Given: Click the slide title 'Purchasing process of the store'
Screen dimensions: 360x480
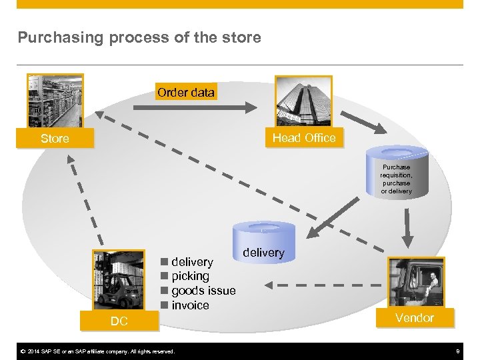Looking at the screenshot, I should (139, 38).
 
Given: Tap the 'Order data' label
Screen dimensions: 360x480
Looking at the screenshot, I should (186, 93).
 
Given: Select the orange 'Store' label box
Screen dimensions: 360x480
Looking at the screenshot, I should (55, 139).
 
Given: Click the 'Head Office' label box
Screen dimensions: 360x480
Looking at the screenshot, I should (304, 137).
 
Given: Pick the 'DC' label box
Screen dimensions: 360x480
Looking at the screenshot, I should (119, 321).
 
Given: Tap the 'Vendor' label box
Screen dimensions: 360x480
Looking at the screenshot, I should (414, 318).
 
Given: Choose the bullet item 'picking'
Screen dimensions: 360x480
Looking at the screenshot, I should (190, 276).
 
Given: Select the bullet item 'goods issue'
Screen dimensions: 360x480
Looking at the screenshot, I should (203, 291).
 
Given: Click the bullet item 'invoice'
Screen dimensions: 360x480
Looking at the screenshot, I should (190, 305).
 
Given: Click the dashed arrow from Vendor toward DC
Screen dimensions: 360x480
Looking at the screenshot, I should (327, 287).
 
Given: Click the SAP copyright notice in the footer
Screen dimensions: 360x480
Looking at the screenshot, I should (97, 351).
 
